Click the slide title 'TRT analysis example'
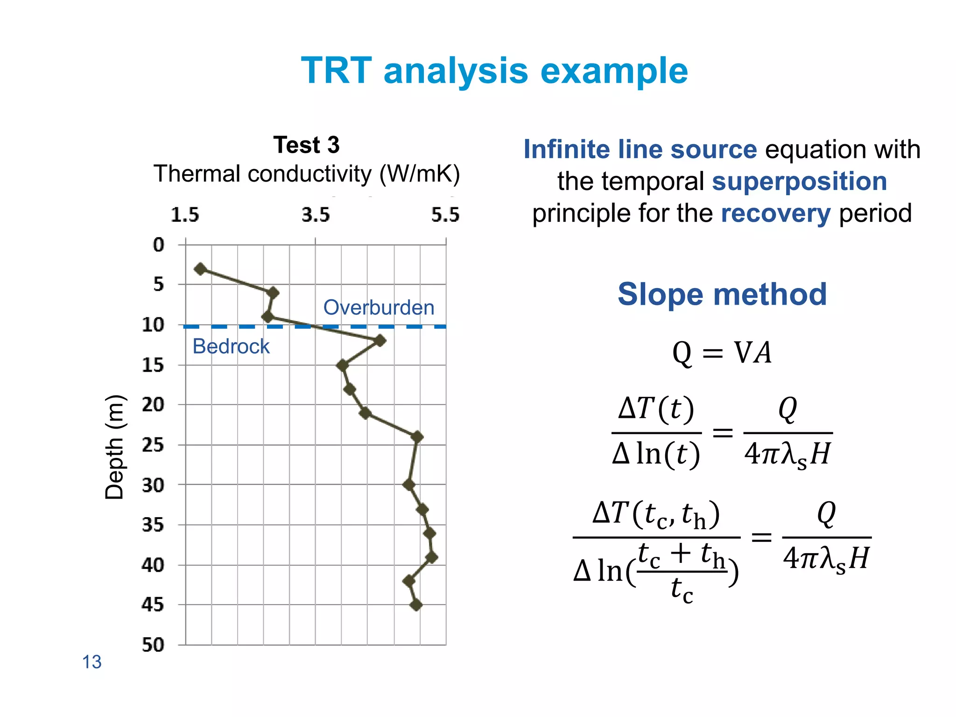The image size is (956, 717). (x=494, y=71)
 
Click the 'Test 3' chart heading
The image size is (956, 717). (x=306, y=145)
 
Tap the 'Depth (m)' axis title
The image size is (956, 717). (x=114, y=447)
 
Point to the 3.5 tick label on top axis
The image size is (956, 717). (x=315, y=215)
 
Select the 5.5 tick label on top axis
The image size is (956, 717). (x=445, y=215)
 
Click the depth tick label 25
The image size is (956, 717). (x=153, y=445)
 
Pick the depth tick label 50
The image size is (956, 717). (x=153, y=645)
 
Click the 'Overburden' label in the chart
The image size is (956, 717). (x=379, y=308)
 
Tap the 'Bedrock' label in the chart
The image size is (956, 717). (x=231, y=346)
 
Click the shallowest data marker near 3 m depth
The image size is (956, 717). (x=200, y=269)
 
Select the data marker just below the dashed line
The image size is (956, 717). (x=380, y=340)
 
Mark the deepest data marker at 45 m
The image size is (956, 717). (x=416, y=605)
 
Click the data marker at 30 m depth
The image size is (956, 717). (x=409, y=485)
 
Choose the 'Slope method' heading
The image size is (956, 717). (x=722, y=294)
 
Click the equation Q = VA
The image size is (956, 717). (x=722, y=352)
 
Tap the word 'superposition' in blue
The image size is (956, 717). (x=799, y=181)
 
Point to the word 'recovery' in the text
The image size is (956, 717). (x=775, y=213)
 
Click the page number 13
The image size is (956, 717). (x=91, y=662)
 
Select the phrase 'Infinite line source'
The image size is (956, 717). (x=640, y=149)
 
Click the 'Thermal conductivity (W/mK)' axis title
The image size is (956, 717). (x=306, y=174)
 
